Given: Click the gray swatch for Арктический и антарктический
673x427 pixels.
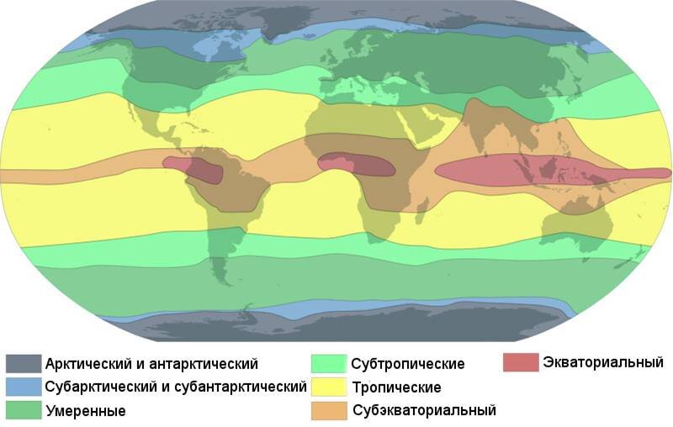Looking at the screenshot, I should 24,364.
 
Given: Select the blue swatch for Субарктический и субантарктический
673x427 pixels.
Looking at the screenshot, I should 24,387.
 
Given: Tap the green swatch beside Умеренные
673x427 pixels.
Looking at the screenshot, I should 24,411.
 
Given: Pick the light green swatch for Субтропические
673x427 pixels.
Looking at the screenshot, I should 328,364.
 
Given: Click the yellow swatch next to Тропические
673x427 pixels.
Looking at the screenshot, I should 328,387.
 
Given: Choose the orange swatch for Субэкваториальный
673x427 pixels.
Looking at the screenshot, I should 328,410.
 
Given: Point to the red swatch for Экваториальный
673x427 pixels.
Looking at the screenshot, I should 521,362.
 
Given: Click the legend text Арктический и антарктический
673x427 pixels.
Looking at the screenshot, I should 152,364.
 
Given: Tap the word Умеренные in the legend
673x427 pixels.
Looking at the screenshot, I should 87,412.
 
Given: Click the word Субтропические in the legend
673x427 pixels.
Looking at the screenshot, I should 408,364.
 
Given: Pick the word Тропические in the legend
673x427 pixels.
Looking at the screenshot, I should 397,387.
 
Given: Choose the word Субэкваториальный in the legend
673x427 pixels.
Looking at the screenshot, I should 424,411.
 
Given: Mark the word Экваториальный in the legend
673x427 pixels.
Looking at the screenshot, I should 603,362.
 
